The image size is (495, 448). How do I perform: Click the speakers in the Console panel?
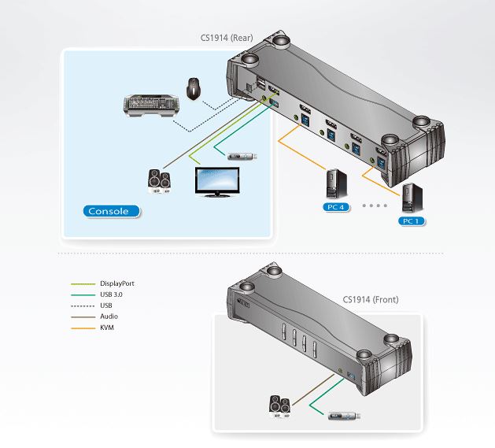[x=160, y=181]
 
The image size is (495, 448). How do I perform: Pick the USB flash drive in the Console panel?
[x=242, y=157]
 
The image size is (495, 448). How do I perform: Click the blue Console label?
[x=111, y=211]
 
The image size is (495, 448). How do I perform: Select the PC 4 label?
[x=334, y=206]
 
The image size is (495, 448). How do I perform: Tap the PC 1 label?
[x=410, y=221]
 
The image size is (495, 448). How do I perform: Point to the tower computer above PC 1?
[x=410, y=198]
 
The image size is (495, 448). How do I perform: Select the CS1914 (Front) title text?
[x=371, y=299]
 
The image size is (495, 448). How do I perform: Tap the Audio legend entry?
[x=109, y=316]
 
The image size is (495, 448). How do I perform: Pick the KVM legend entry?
[x=108, y=327]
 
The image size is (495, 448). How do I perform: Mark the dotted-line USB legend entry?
[x=106, y=305]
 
